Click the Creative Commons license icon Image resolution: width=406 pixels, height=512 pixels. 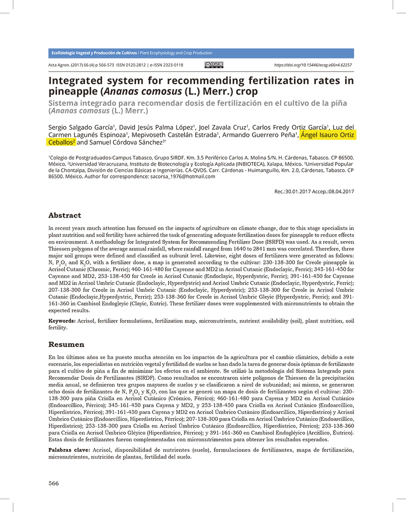[x=214, y=65]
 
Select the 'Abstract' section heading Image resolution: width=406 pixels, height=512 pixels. [x=64, y=215]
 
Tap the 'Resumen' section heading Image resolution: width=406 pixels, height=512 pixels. [x=66, y=344]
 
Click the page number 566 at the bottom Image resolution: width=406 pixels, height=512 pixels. [x=53, y=483]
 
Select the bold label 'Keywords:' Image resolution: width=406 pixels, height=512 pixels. [x=62, y=320]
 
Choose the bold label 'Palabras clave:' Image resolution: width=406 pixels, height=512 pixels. [x=69, y=449]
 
